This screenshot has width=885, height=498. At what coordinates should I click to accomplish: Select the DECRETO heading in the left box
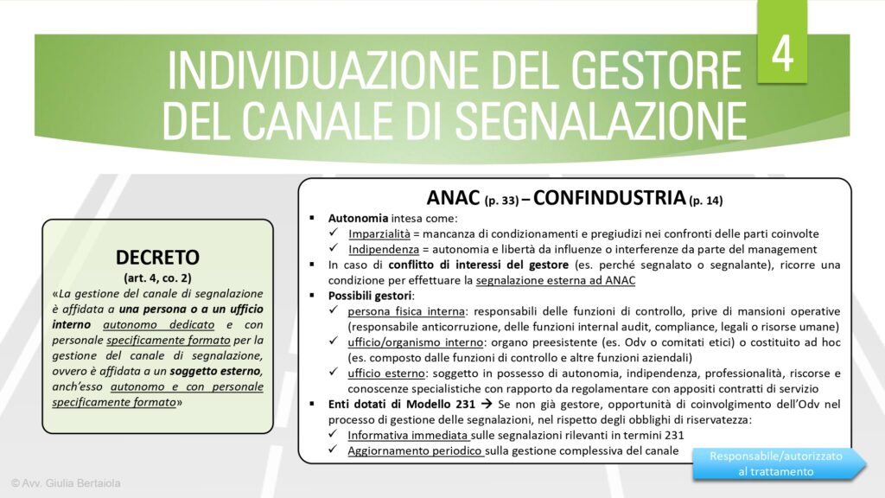click(x=157, y=257)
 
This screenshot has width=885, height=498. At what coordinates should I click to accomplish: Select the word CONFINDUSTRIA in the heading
click(x=609, y=197)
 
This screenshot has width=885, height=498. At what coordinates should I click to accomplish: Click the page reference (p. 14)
click(x=706, y=201)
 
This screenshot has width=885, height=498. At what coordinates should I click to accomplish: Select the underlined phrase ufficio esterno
click(x=385, y=373)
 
